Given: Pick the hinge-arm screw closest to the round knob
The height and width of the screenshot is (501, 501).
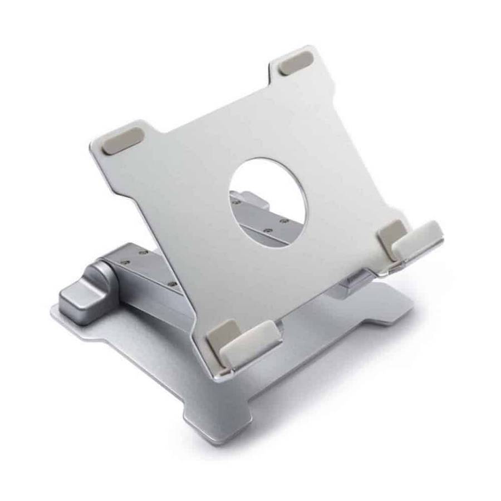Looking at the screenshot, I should pyautogui.click(x=126, y=260).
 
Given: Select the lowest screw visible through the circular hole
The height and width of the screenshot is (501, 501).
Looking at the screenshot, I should pyautogui.click(x=268, y=229).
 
